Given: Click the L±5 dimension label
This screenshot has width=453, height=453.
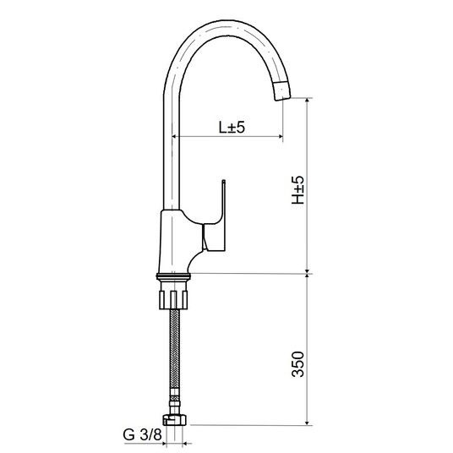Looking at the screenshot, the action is [232, 127].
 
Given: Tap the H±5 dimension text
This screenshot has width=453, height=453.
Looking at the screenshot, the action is [297, 190].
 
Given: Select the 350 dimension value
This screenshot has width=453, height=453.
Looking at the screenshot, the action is [297, 364].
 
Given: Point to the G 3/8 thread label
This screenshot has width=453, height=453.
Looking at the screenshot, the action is [142, 434].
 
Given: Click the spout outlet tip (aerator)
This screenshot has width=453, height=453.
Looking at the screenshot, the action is [281, 90].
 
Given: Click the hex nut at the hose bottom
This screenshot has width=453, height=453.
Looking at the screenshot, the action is [175, 420].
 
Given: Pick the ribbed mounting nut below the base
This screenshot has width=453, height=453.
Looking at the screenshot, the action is [173, 299].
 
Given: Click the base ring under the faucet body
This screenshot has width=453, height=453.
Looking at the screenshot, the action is [173, 276].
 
